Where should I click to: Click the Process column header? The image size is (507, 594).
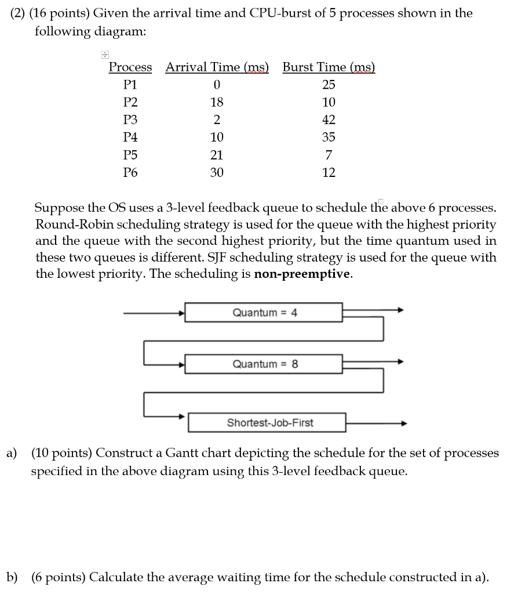pos(130,67)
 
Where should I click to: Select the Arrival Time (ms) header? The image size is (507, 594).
pos(217,67)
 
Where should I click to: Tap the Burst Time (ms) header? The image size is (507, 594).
pos(329,67)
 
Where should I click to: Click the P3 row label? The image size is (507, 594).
pos(131,120)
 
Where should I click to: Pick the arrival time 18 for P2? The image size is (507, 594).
pos(217,103)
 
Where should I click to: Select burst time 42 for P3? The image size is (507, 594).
pos(329,120)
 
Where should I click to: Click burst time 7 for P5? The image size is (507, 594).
pos(329,155)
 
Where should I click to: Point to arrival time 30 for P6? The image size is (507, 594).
pos(217,172)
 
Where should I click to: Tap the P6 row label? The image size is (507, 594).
pos(131,172)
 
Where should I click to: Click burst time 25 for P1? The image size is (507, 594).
pos(329,85)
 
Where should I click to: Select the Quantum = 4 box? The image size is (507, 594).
pos(264,313)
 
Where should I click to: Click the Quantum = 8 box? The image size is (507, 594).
pos(264,364)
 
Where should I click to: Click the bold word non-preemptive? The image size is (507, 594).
pos(302,274)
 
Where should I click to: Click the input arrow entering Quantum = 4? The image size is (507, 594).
pos(154,313)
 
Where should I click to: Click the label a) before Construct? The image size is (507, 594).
pos(12,453)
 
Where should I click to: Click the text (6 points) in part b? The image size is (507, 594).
pos(59,578)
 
